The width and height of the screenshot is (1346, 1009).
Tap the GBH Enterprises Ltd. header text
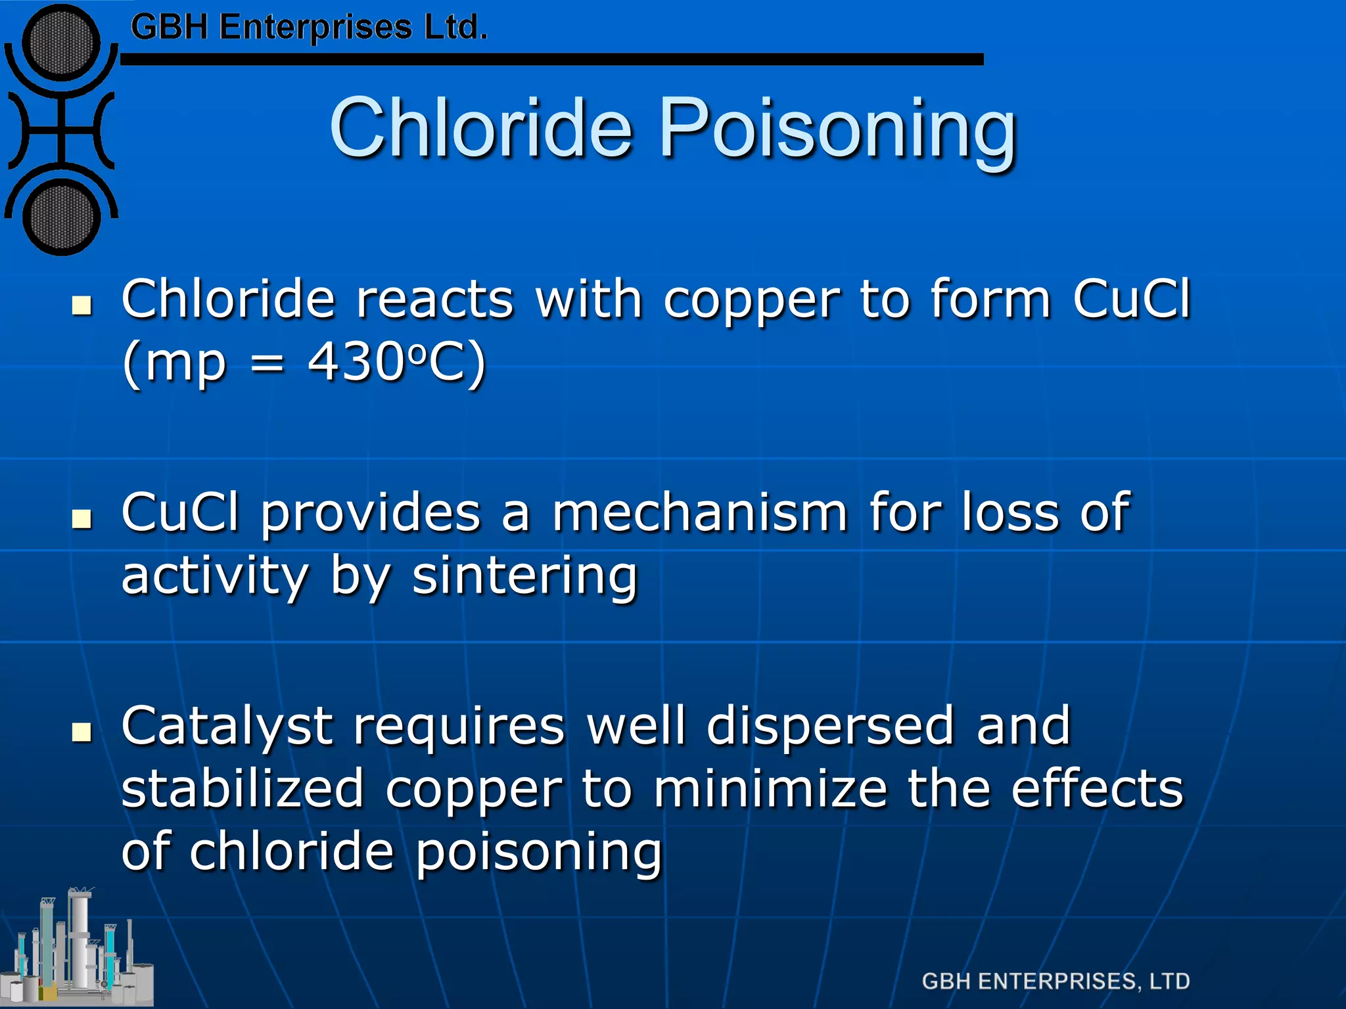(309, 28)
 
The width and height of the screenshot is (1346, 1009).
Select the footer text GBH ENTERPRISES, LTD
(1056, 981)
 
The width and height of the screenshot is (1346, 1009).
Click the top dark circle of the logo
(61, 43)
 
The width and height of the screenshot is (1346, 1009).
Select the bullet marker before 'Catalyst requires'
(82, 731)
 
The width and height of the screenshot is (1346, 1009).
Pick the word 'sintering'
(524, 576)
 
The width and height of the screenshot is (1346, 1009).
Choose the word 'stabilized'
(243, 789)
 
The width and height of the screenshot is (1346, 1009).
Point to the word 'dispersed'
(829, 727)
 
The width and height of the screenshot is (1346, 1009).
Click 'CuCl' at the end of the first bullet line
(1131, 300)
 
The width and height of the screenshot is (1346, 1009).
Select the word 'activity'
(215, 576)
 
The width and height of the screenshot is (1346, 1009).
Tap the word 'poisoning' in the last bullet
(539, 852)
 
